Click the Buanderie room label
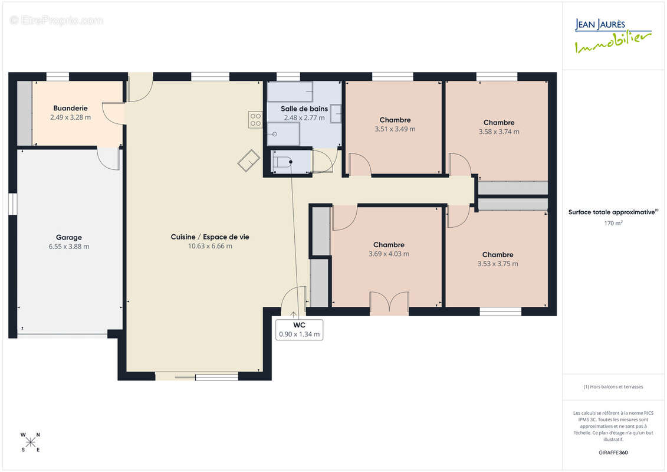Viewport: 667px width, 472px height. pyautogui.click(x=70, y=108)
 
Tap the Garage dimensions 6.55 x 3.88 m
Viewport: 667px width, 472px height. pyautogui.click(x=69, y=247)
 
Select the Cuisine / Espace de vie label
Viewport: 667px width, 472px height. pyautogui.click(x=210, y=237)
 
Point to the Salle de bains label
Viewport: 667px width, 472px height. pyautogui.click(x=304, y=109)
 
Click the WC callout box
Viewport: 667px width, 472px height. pyautogui.click(x=299, y=330)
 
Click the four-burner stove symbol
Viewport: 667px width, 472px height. pyautogui.click(x=256, y=120)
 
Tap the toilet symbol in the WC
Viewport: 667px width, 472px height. pyautogui.click(x=282, y=162)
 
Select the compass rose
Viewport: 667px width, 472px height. pyautogui.click(x=31, y=442)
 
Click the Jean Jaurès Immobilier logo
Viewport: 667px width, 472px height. pyautogui.click(x=613, y=36)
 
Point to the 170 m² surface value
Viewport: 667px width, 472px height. pyautogui.click(x=613, y=223)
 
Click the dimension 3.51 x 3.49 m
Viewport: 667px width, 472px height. pyautogui.click(x=395, y=129)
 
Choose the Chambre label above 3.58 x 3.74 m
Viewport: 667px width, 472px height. pyautogui.click(x=499, y=123)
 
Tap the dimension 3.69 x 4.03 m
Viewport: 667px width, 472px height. pyautogui.click(x=389, y=254)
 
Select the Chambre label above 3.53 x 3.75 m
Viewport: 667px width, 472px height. pyautogui.click(x=498, y=254)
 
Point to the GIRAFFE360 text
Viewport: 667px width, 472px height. pyautogui.click(x=613, y=453)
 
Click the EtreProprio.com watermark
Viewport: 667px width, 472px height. pyautogui.click(x=56, y=20)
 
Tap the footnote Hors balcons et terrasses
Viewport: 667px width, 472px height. pyautogui.click(x=613, y=387)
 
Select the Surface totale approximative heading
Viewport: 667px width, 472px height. pyautogui.click(x=613, y=212)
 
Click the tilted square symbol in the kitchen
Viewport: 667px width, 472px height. pyautogui.click(x=249, y=160)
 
